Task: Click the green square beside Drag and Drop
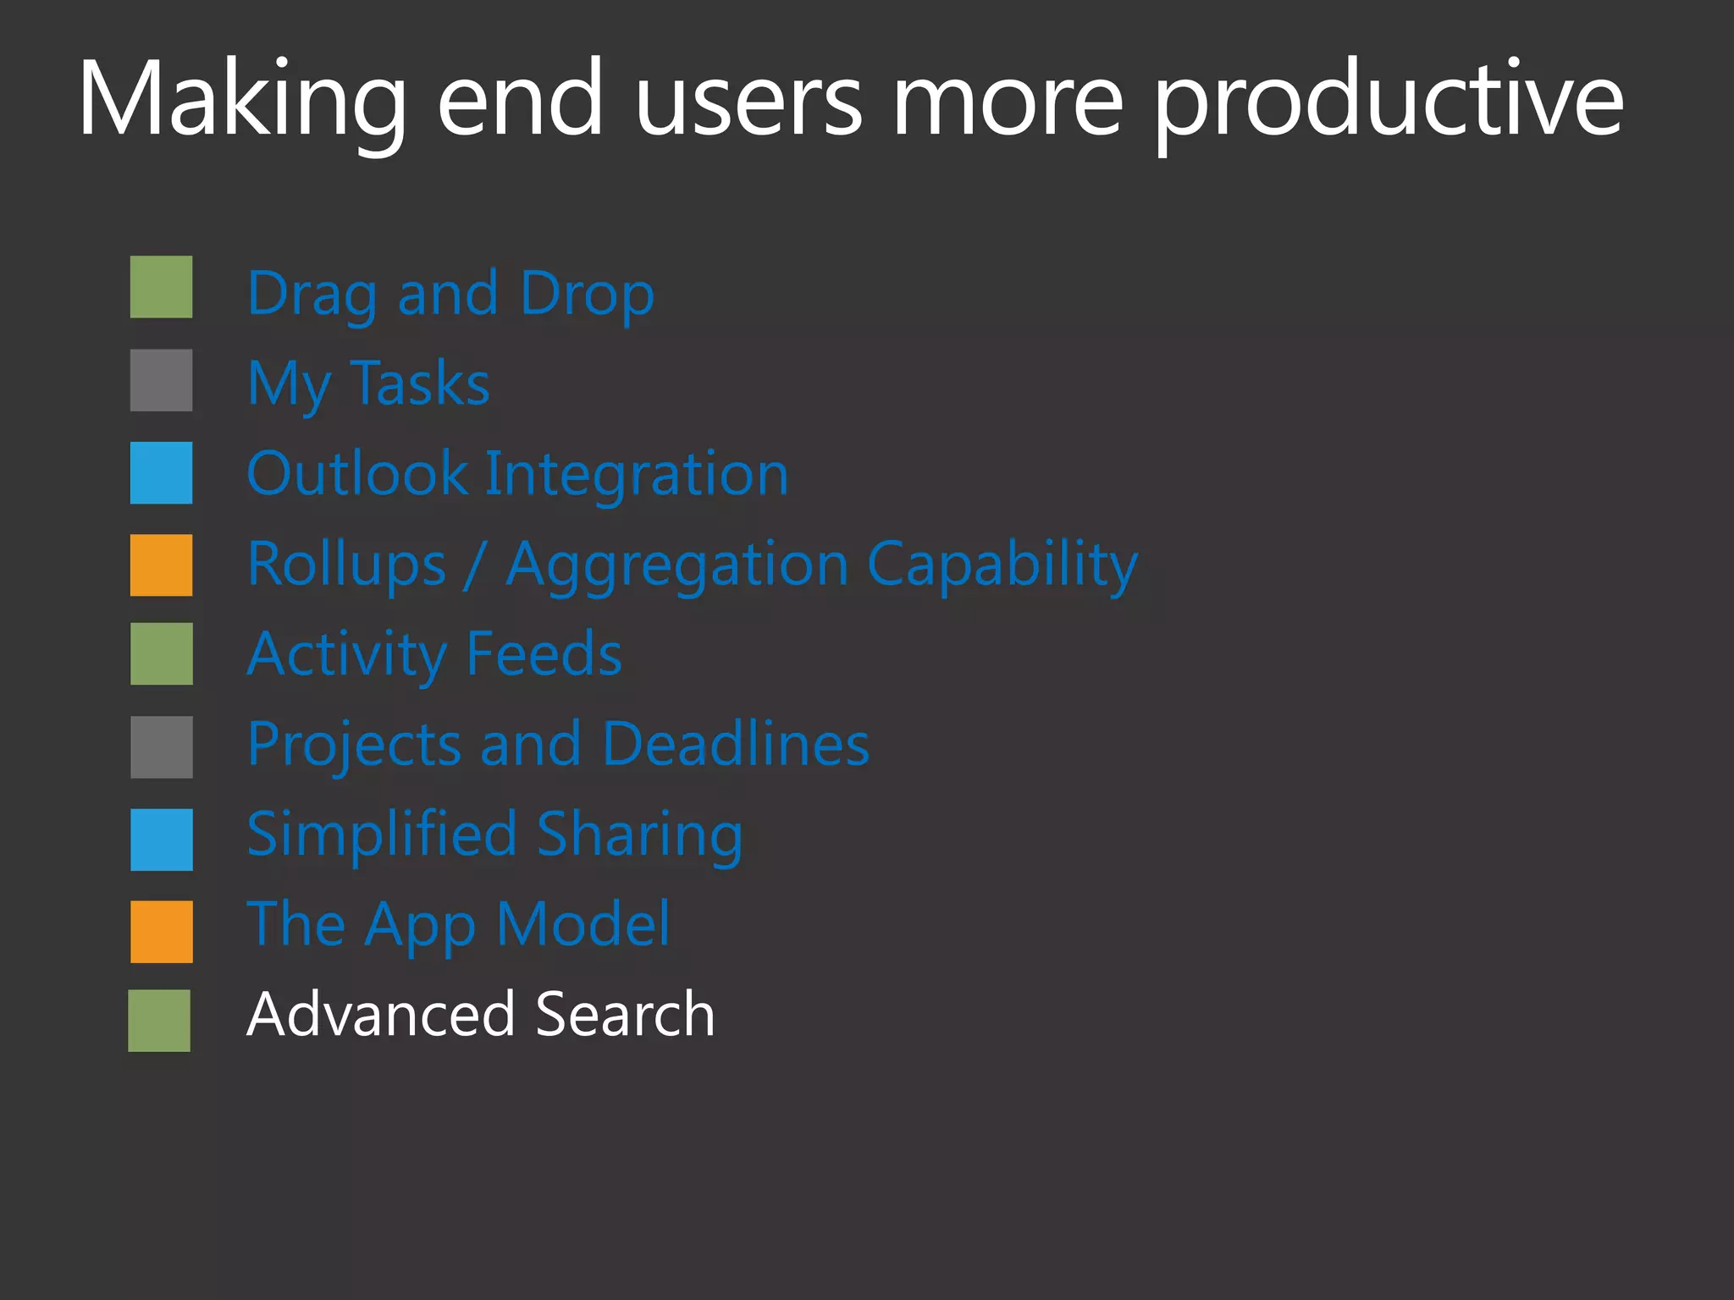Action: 161,287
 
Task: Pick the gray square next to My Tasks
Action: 161,380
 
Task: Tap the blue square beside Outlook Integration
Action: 161,473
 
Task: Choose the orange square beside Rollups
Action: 161,565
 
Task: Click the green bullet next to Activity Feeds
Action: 161,654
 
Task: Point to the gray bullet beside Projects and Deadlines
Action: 161,747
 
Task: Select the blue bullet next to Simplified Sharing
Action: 161,840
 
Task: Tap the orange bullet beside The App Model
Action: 161,932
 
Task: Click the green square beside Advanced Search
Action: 159,1021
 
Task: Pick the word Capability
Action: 1002,565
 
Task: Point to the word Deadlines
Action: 736,745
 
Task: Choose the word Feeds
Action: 544,654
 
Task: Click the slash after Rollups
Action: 475,565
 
